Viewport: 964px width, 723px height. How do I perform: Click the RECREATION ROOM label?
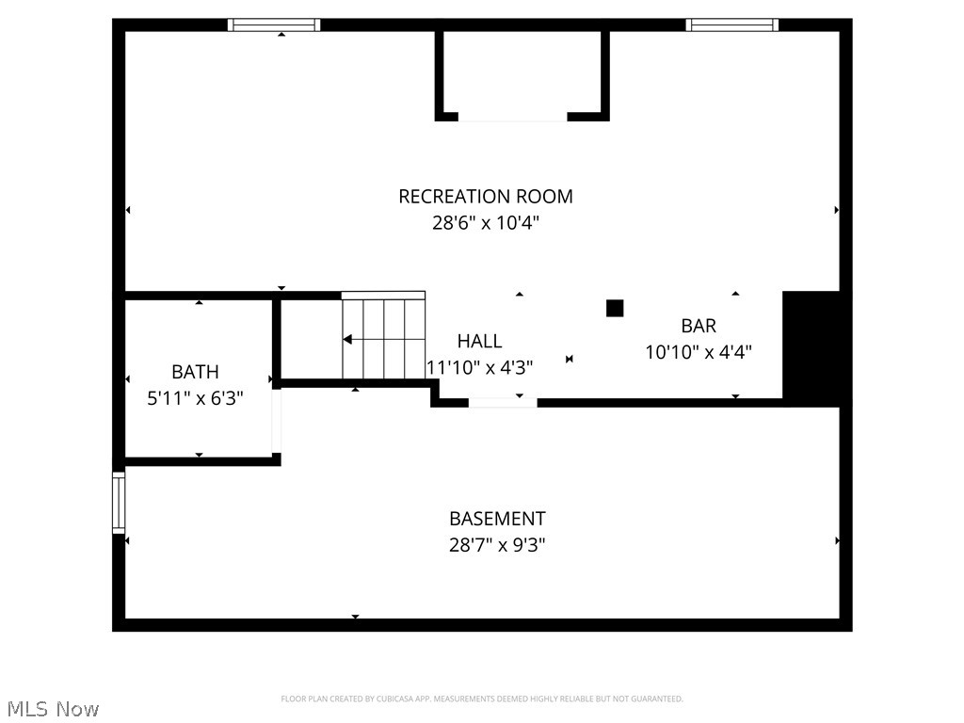coord(486,196)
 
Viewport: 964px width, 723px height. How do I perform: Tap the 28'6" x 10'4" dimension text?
coord(486,224)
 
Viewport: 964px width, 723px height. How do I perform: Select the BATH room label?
coord(195,372)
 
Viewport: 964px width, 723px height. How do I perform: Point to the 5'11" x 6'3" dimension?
coord(195,398)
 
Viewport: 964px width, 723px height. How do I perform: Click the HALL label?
coord(479,341)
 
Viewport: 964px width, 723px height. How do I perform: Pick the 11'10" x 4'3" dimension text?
coord(480,367)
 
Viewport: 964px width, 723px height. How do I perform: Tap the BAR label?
coord(699,326)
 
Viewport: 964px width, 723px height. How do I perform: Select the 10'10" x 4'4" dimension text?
coord(699,353)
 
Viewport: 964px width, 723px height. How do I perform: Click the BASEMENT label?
coord(497,519)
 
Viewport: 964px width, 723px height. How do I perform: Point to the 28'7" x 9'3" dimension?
coord(497,545)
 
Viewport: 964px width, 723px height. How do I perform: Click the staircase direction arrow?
coord(348,339)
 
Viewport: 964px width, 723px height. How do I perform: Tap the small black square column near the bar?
coord(615,308)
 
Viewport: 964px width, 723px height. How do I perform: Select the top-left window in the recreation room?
coord(275,25)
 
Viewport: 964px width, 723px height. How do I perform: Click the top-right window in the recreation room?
coord(731,25)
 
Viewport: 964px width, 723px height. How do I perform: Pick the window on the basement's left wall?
coord(119,503)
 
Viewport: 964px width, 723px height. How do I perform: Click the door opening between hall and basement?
coord(503,402)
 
